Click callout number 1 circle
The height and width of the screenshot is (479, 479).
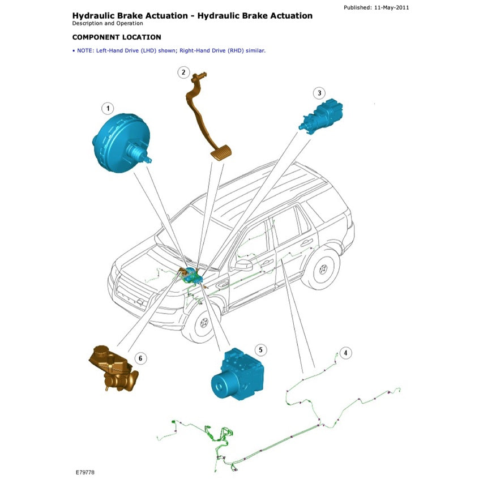point(107,108)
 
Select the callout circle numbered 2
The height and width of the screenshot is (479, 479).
point(183,72)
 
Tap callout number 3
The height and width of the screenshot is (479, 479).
point(319,93)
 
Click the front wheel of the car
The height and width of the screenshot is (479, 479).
point(202,324)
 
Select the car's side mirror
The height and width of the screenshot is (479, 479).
point(244,264)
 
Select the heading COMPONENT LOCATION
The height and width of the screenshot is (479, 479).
point(117,37)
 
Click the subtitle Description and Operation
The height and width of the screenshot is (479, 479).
point(104,24)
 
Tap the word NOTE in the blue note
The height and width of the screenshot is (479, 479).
point(84,50)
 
